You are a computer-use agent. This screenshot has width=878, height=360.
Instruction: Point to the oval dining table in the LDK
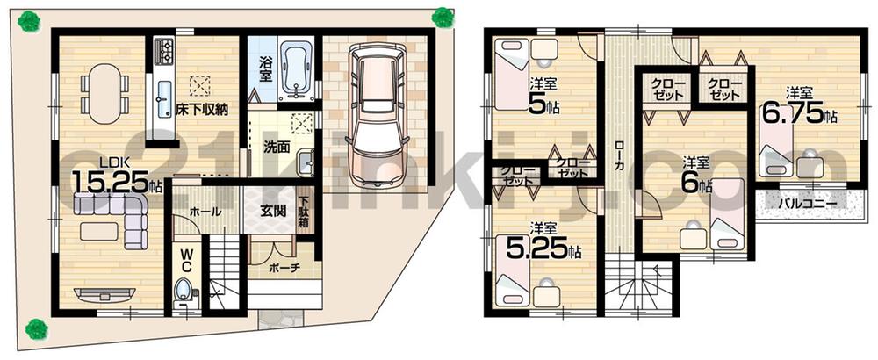click(101, 89)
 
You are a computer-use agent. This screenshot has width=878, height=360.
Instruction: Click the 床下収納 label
click(201, 109)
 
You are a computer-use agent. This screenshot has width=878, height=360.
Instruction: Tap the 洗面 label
click(277, 148)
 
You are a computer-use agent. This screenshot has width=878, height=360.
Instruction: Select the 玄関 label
click(269, 212)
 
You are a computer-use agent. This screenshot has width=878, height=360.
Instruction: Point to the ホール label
click(205, 212)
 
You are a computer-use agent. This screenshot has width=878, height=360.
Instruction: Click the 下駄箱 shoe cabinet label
click(303, 212)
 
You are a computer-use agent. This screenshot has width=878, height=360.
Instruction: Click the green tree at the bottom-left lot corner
click(36, 329)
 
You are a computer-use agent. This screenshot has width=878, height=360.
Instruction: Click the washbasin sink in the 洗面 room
click(305, 163)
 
